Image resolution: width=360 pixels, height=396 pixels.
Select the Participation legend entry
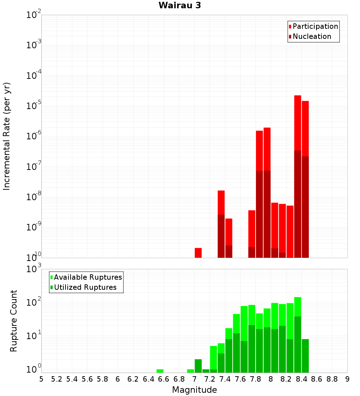pyautogui.click(x=315, y=26)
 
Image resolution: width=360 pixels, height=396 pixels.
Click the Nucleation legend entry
pyautogui.click(x=312, y=36)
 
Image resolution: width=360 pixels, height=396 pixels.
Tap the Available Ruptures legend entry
pyautogui.click(x=88, y=277)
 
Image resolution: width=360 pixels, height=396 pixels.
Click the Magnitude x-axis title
pyautogui.click(x=194, y=390)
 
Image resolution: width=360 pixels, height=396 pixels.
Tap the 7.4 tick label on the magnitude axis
pyautogui.click(x=225, y=379)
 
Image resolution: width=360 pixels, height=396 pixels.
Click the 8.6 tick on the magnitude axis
pyautogui.click(x=317, y=379)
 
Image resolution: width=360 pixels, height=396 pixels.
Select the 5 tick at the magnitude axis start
pyautogui.click(x=41, y=379)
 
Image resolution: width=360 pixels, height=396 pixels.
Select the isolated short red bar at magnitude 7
pyautogui.click(x=198, y=253)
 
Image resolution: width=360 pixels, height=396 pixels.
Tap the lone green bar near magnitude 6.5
pyautogui.click(x=160, y=371)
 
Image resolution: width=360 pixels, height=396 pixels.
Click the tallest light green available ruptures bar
pyautogui.click(x=297, y=306)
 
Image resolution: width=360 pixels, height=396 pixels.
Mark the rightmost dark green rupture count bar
pyautogui.click(x=305, y=356)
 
